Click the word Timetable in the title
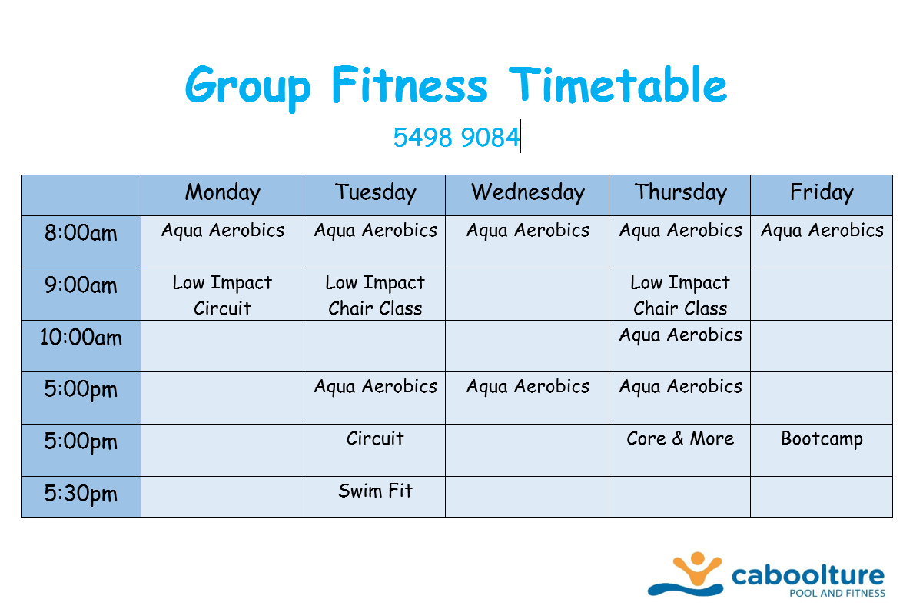[x=618, y=85]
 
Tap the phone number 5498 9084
[x=456, y=138]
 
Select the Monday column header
[x=222, y=193]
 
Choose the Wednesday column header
[x=527, y=193]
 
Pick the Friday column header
[x=822, y=193]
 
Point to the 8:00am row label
[x=81, y=233]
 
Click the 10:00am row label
[x=81, y=338]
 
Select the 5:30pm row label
[x=81, y=494]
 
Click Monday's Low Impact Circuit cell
[x=222, y=295]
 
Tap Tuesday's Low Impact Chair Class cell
[x=375, y=295]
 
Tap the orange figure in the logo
[x=697, y=568]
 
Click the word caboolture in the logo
[x=808, y=575]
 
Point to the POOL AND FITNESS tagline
[x=838, y=593]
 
